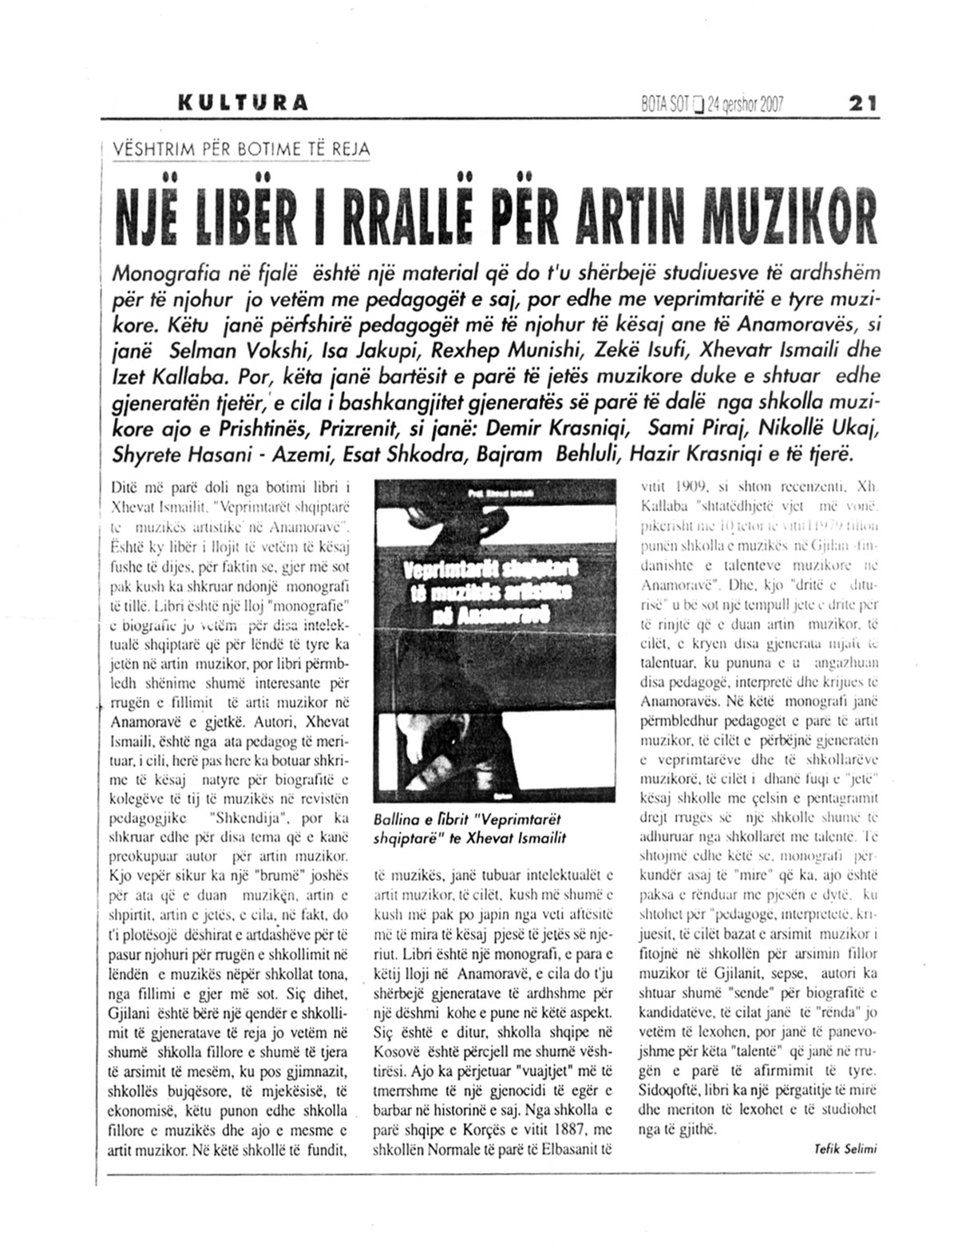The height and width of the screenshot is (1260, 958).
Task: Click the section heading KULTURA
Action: click(x=243, y=103)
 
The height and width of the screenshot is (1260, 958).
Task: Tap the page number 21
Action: click(x=861, y=103)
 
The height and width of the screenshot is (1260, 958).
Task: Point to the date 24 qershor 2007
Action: click(x=746, y=104)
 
